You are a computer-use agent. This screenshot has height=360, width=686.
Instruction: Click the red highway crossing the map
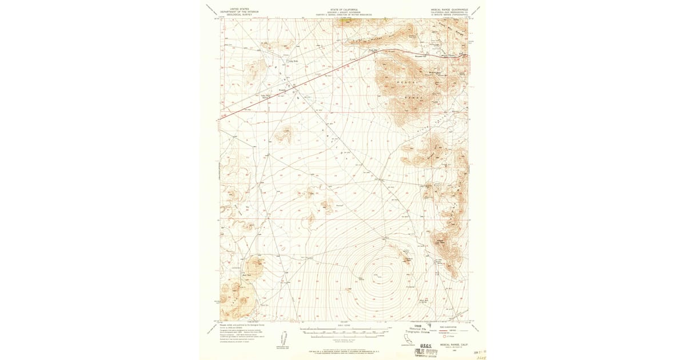click(320, 75)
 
